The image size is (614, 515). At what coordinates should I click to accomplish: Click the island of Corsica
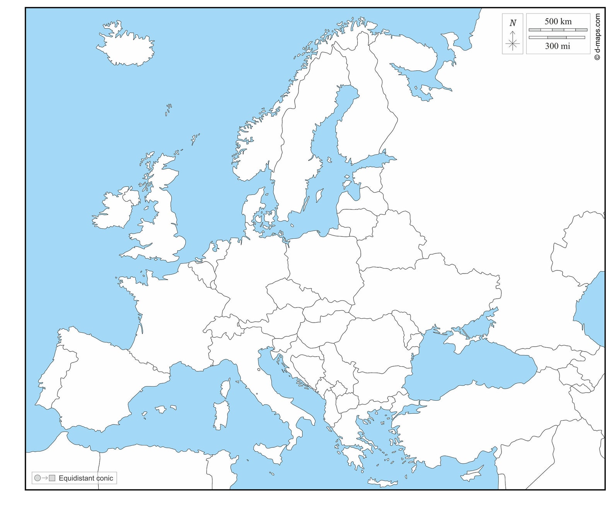point(225,388)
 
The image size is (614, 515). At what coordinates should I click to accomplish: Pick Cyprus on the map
point(472,474)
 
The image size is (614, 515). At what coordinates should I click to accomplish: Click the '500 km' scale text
point(558,22)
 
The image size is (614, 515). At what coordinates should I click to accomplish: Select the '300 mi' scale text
point(557,46)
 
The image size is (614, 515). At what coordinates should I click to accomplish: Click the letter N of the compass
point(513,23)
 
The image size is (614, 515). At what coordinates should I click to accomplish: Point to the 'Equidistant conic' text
point(86,478)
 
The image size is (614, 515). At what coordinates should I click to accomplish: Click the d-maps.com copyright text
point(598,37)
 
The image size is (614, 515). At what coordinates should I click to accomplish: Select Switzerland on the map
point(224,325)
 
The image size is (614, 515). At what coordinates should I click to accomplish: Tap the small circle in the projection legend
point(38,478)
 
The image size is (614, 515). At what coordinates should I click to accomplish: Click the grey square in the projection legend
point(52,478)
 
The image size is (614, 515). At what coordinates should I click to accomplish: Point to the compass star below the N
point(513,44)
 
